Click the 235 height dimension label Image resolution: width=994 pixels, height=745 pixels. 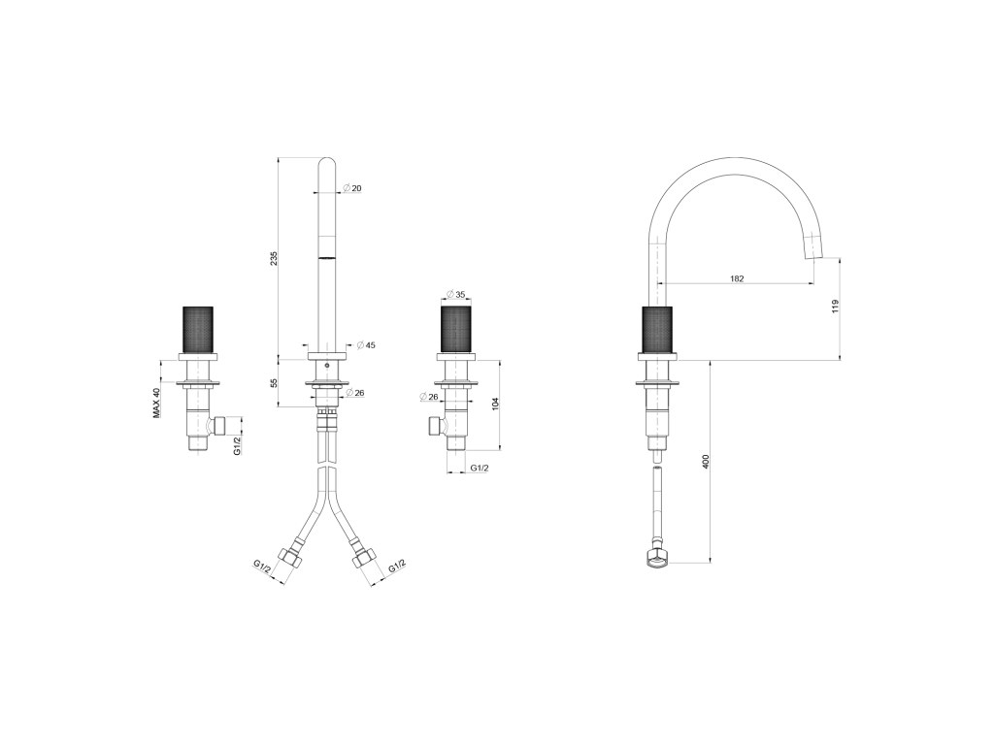pos(274,259)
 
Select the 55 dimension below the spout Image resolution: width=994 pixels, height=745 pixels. pos(274,383)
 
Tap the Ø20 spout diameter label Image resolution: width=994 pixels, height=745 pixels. pos(351,188)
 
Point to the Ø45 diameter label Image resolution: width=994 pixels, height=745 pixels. pos(366,345)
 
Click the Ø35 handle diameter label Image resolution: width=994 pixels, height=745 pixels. pos(456,294)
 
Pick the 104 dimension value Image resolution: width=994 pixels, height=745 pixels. pos(496,404)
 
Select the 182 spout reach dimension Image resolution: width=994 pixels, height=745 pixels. pos(737,278)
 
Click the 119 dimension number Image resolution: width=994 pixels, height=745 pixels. pos(836,307)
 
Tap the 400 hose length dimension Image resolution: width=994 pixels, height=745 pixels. pos(706,461)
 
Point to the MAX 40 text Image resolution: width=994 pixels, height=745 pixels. pos(156,403)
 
